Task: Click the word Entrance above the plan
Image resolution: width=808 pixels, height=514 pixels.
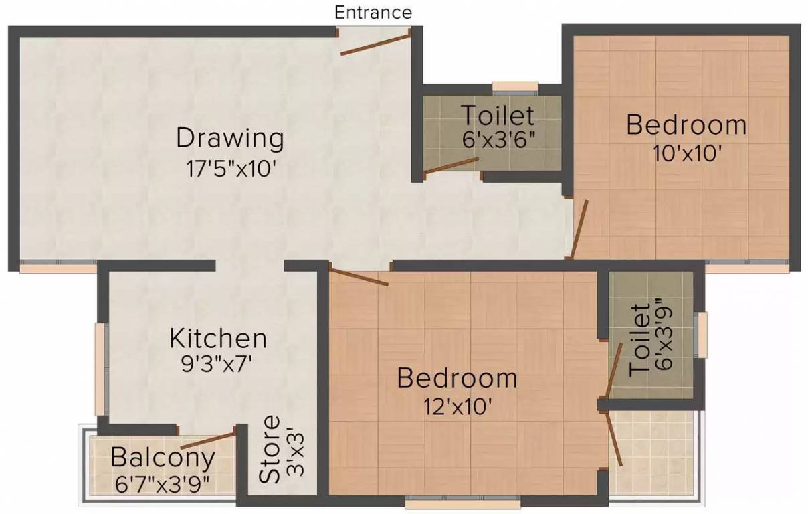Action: point(373,13)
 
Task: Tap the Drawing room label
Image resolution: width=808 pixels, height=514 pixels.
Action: point(230,139)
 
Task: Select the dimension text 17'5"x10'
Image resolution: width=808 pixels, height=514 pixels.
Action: point(231,167)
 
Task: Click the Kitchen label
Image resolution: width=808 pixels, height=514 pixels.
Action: point(218,338)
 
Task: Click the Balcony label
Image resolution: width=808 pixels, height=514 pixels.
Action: point(163,458)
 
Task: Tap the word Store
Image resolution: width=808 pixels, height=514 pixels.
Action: point(270,449)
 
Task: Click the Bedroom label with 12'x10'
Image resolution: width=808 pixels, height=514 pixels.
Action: point(457,378)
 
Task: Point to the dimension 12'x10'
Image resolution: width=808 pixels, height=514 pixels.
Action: point(457,406)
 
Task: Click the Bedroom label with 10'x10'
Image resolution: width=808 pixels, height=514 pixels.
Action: point(686,125)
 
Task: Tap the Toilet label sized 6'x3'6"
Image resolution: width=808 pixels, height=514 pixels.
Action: point(498,116)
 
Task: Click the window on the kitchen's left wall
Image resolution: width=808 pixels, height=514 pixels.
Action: point(102,369)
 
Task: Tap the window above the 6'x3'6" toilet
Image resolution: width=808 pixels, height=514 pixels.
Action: point(515,86)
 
